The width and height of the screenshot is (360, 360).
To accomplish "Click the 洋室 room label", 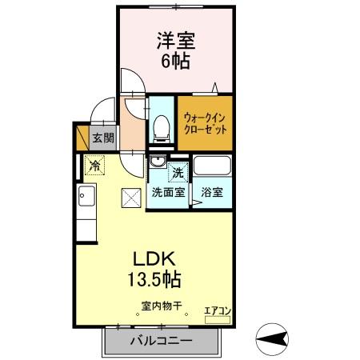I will click(177, 39).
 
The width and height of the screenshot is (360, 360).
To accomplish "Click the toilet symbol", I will click(161, 126).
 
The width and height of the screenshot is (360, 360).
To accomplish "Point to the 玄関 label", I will click(102, 138).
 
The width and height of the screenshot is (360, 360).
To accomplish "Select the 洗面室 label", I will click(169, 192).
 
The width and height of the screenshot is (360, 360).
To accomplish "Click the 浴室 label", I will click(212, 192).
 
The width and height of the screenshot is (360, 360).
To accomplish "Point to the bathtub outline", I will click(213, 168).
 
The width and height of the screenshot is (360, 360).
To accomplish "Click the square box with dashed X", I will click(130, 196).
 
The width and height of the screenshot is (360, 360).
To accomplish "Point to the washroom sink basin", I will click(157, 162).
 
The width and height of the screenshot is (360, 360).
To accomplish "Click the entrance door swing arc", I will click(100, 110).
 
